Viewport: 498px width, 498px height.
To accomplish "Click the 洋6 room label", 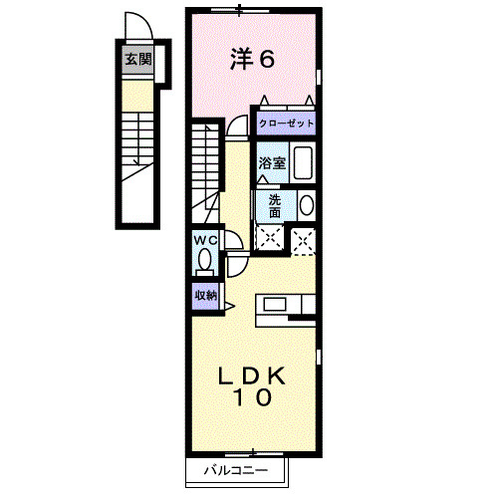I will [252, 60].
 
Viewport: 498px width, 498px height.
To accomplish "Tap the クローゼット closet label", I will [286, 124].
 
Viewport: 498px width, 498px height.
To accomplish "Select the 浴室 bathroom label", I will [273, 162].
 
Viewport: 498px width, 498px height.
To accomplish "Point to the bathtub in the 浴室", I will [304, 163].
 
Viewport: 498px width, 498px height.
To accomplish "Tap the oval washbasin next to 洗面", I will [306, 206].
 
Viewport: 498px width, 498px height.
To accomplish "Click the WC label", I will [205, 241].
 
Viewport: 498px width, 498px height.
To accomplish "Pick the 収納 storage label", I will [205, 295].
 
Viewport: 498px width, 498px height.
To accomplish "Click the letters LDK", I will [253, 375].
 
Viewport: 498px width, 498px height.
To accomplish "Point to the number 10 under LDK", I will [253, 398].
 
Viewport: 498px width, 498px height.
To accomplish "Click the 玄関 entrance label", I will [137, 59].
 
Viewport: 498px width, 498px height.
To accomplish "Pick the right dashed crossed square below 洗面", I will [304, 237].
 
